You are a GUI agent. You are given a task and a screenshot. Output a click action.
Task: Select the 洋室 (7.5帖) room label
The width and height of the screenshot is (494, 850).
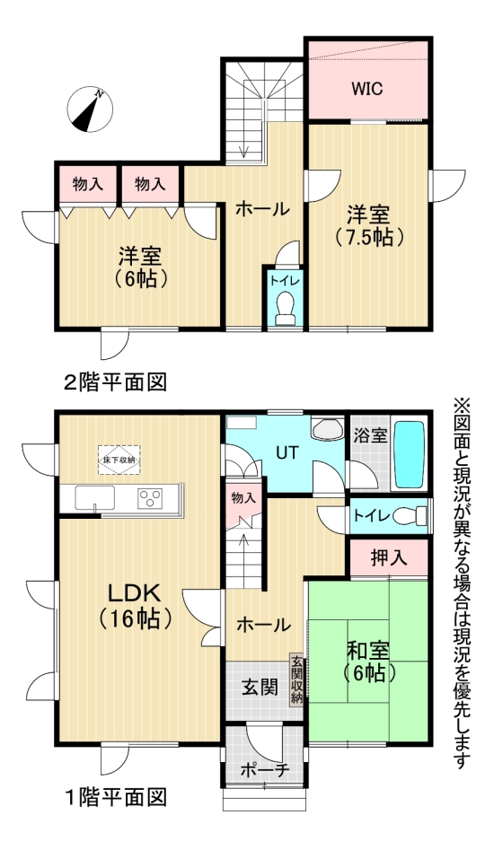368,226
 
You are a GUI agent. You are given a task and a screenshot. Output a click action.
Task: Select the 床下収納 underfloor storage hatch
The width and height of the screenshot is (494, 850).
120,460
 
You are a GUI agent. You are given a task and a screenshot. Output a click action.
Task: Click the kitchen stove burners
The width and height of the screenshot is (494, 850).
149,497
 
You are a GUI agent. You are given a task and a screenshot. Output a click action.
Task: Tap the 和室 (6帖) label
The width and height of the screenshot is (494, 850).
366,657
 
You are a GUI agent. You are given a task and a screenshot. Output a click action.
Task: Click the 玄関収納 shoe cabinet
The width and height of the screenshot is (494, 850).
296,681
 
